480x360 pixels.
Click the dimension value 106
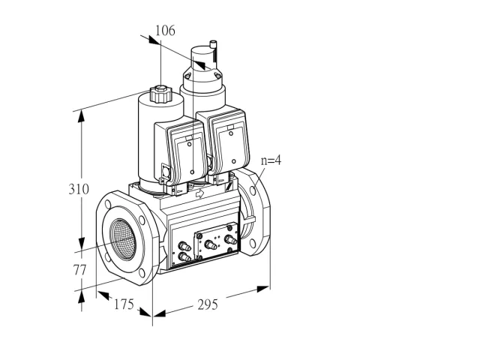tap(165, 31)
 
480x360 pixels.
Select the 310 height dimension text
tap(79, 189)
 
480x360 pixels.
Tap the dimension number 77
tap(79, 270)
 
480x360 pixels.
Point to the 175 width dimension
tap(124, 304)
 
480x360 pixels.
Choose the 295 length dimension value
tap(208, 304)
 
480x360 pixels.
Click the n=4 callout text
tap(271, 160)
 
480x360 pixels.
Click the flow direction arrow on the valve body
tap(199, 193)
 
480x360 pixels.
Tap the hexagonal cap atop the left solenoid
tap(160, 94)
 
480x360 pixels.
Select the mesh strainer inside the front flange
tap(123, 239)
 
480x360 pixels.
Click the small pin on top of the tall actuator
tap(213, 45)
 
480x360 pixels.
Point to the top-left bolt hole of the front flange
tap(108, 204)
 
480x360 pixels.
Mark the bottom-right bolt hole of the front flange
tap(142, 273)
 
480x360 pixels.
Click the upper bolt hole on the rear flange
tap(253, 190)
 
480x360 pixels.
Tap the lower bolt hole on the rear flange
tap(252, 243)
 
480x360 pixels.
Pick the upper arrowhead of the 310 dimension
tap(81, 116)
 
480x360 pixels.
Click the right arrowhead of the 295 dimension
tap(263, 288)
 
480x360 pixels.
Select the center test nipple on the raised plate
tap(211, 245)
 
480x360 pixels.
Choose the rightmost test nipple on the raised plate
tap(230, 240)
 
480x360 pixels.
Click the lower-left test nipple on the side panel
tap(184, 256)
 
